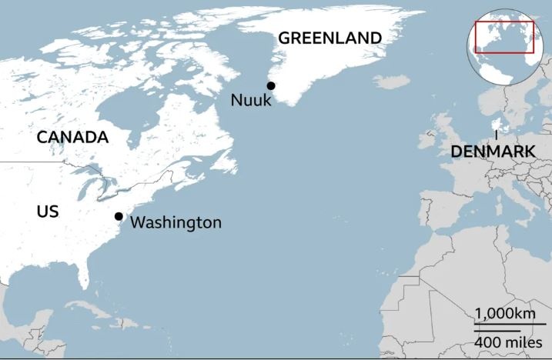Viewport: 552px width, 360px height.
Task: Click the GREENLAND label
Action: click(330, 38)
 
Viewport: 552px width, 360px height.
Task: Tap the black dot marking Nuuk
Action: click(270, 85)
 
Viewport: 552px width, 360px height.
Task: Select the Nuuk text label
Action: click(251, 101)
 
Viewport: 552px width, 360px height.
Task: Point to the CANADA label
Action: click(72, 138)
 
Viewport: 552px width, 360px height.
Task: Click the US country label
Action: click(48, 211)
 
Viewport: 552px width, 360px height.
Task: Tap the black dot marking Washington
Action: click(119, 217)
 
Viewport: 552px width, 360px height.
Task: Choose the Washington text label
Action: click(176, 223)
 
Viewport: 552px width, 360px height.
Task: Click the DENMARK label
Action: click(493, 152)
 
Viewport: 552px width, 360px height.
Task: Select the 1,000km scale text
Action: click(503, 314)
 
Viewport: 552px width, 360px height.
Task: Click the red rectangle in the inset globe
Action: click(504, 37)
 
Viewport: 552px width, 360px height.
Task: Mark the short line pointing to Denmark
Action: click(496, 135)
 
